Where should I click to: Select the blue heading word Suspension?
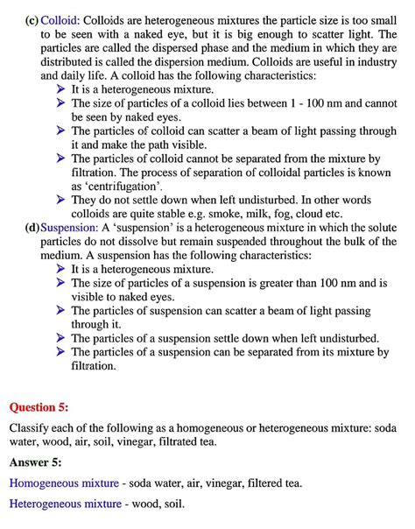69,228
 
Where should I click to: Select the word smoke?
243,214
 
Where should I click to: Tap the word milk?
279,214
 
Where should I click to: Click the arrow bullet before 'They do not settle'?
60,200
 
